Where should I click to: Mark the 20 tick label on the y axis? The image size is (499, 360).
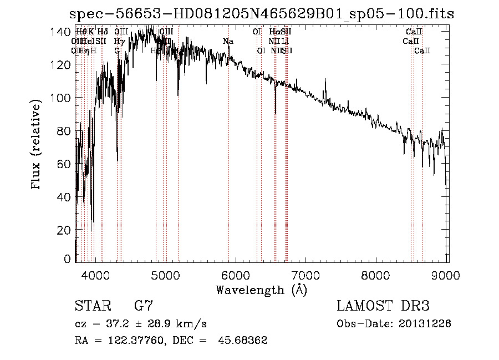(x=65, y=230)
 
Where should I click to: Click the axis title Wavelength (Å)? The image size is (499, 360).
(x=261, y=290)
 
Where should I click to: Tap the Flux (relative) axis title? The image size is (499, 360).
(x=37, y=145)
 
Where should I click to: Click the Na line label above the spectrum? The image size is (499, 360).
(x=228, y=42)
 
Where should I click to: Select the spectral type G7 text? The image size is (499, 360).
(x=144, y=306)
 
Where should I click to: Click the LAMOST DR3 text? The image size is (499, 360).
(x=383, y=306)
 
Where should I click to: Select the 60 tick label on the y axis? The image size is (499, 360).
(x=65, y=164)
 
